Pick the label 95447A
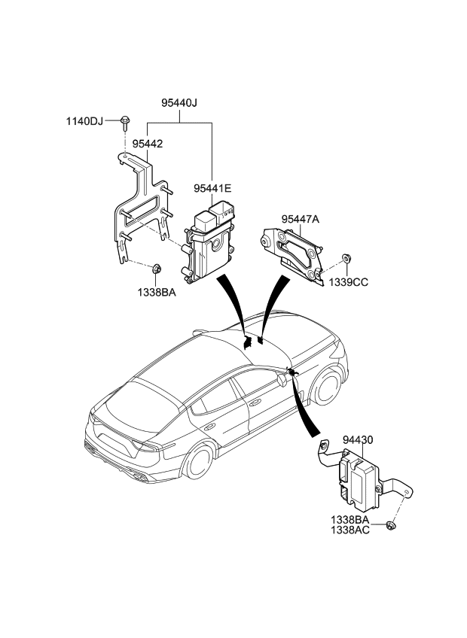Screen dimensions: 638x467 (x=301, y=219)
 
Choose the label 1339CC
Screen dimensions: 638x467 (x=347, y=283)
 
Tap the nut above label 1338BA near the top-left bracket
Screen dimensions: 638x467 (x=157, y=268)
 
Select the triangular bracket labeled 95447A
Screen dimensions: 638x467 (x=294, y=252)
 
